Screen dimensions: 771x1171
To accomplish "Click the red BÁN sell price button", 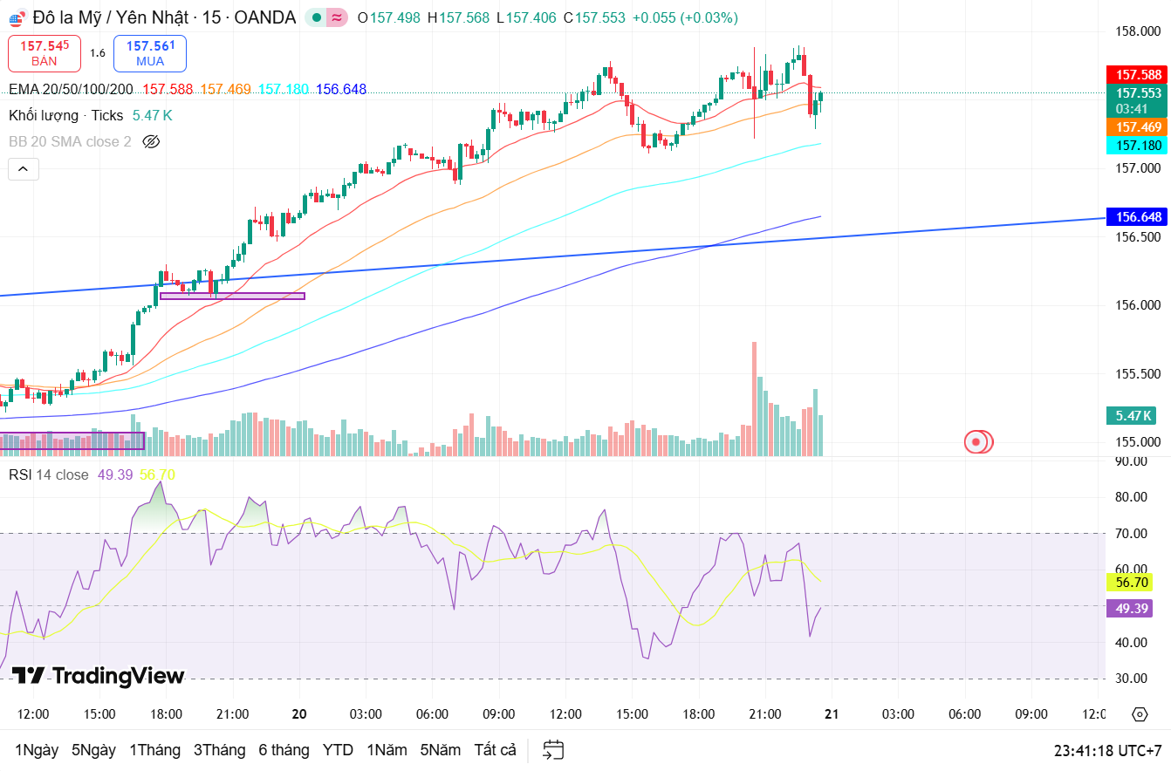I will coord(45,53).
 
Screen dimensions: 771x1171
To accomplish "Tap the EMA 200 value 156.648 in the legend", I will coord(341,89).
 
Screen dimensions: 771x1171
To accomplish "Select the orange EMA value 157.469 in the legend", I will coord(225,89).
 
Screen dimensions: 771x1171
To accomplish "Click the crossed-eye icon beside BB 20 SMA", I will coord(151,141).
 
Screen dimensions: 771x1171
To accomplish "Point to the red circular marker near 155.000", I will coord(977,442).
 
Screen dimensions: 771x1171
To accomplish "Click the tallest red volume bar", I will coord(754,398).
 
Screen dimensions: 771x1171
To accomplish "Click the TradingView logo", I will coord(98,676).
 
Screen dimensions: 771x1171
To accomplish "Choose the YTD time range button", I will coord(338,750).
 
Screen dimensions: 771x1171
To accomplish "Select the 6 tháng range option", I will coord(284,750).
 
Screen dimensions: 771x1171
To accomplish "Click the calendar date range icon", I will coord(553,750).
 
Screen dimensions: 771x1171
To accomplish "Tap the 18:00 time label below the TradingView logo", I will coord(166,714).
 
